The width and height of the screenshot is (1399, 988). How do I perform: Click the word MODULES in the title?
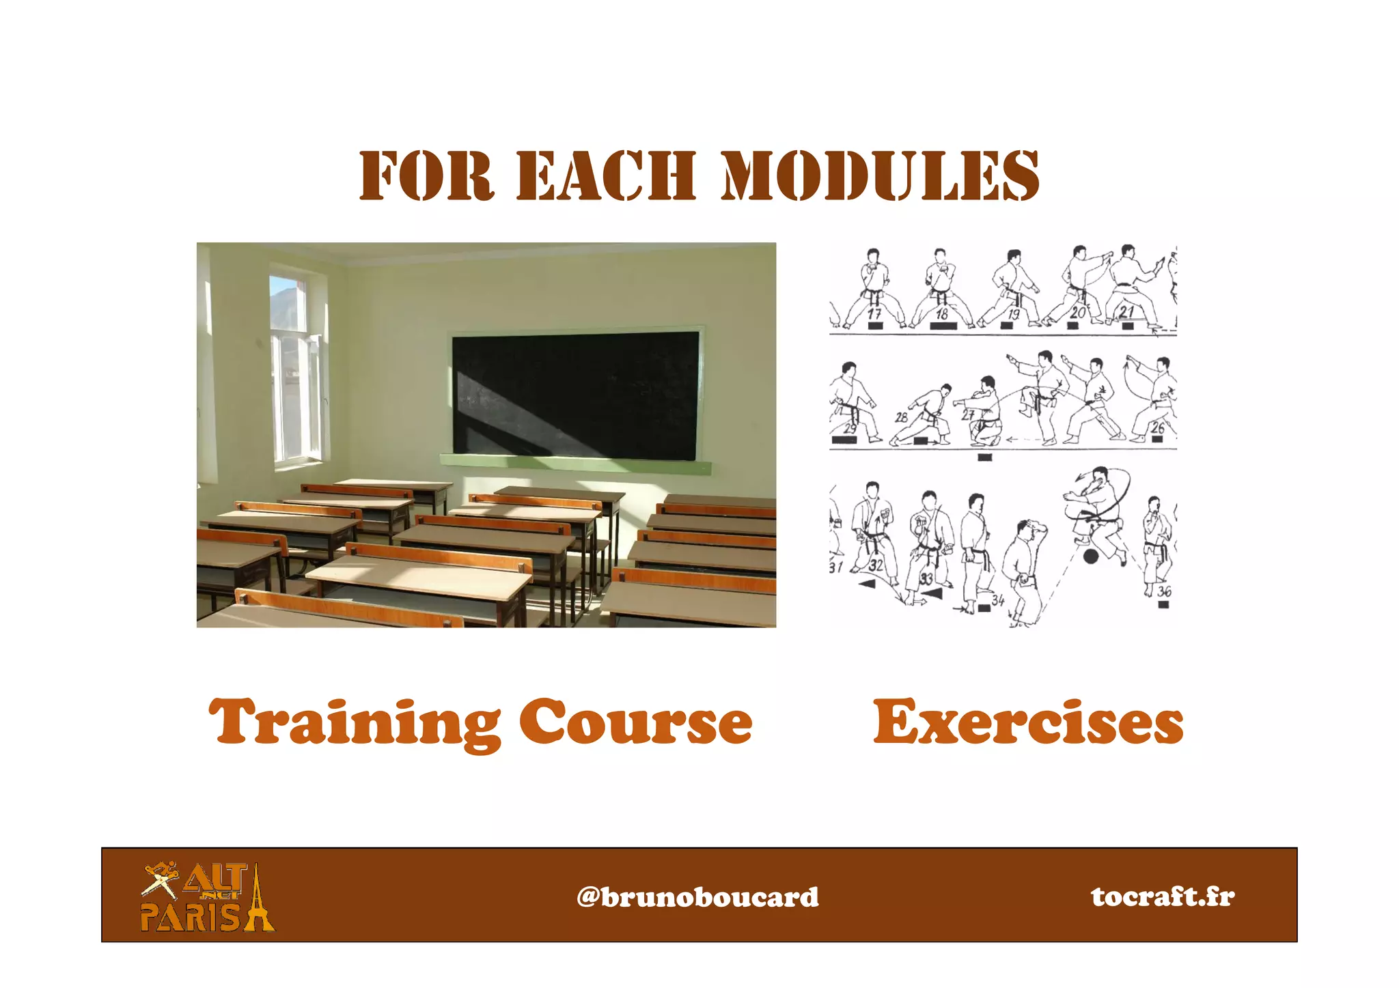click(x=881, y=176)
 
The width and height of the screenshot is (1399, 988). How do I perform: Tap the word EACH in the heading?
click(x=606, y=176)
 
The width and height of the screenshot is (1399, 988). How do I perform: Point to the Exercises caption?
click(x=1028, y=722)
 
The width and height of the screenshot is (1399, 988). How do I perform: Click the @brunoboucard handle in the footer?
click(x=697, y=897)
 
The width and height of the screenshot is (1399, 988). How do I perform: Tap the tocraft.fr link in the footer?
click(x=1163, y=896)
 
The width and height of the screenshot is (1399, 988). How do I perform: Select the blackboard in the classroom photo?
click(x=576, y=394)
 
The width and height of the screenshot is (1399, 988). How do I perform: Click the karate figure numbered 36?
click(x=1156, y=546)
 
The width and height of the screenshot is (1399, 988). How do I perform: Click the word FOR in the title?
click(x=426, y=176)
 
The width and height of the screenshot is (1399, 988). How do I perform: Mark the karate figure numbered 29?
click(x=850, y=403)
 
